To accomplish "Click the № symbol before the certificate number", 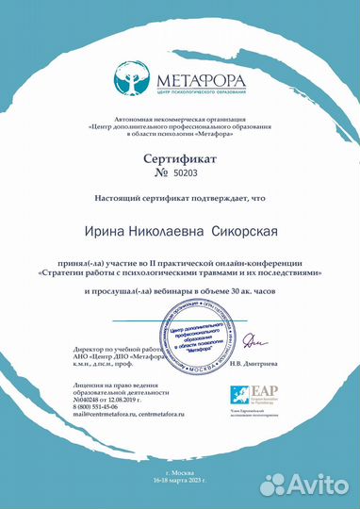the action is [x=161, y=174].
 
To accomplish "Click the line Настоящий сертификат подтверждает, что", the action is [x=179, y=199].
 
